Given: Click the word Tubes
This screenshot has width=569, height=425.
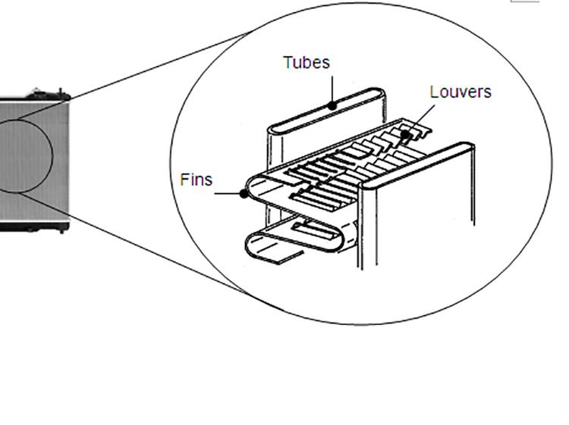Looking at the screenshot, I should (307, 62).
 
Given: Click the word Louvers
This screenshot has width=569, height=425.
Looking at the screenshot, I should (460, 92).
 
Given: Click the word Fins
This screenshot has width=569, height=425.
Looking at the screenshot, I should (196, 180).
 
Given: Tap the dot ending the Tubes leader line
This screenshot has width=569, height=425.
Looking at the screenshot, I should (332, 106).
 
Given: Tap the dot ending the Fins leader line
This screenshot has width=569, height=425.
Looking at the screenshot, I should (244, 193).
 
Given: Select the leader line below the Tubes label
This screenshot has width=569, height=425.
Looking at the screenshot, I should (332, 89).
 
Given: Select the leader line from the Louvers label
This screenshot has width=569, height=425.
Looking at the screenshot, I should (422, 119).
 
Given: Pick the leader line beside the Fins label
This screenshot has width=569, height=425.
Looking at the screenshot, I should (228, 193).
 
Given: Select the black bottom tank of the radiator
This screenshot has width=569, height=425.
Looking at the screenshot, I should (34, 225).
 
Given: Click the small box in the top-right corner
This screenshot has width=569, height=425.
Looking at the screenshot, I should (525, 2).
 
